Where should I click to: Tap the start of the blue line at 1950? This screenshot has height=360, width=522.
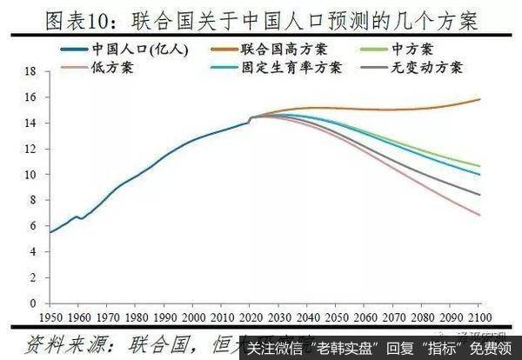coord(49,231)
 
